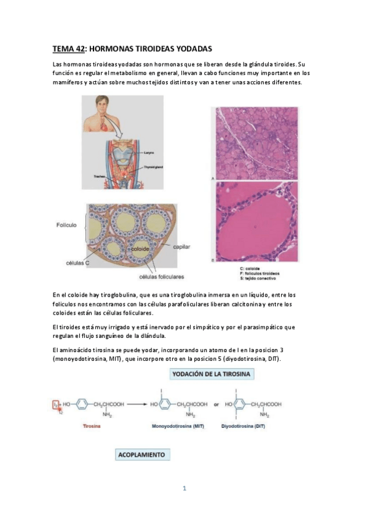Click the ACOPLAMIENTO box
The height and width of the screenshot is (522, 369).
[142, 454]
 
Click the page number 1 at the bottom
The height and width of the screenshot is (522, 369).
[184, 489]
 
